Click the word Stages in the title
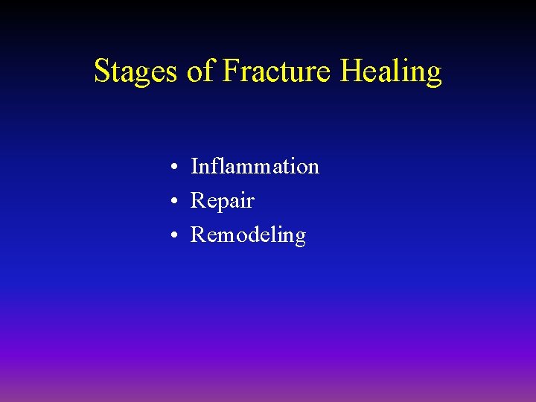click(136, 72)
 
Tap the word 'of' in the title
click(200, 72)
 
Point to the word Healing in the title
click(391, 72)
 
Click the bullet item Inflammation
click(255, 166)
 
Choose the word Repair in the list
click(223, 201)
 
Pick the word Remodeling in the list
click(248, 235)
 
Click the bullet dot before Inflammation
click(172, 167)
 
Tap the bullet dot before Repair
click(172, 202)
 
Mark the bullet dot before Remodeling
click(172, 236)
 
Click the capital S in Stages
click(103, 71)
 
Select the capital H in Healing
click(351, 71)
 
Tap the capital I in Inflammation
click(195, 166)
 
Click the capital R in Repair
click(199, 201)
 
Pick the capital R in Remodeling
click(199, 235)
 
